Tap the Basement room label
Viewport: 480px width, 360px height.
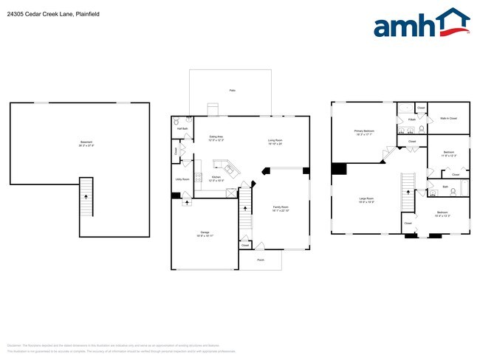tap(87, 143)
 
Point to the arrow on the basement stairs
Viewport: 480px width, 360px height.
tap(86, 197)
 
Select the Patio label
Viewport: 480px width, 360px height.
tap(232, 90)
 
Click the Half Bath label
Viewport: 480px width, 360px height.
tap(182, 128)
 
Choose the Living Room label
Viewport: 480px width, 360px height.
tap(275, 142)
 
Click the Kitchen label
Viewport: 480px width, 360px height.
tap(216, 178)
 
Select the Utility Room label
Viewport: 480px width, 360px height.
tap(182, 179)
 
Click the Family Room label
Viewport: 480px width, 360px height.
tap(281, 209)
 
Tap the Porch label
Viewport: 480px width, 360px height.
tap(260, 260)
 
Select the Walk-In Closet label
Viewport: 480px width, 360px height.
tap(448, 118)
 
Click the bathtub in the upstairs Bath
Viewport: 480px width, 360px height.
tap(464, 188)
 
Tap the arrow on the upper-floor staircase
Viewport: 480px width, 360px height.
tap(406, 193)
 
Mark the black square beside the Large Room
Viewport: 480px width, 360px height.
tap(338, 169)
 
